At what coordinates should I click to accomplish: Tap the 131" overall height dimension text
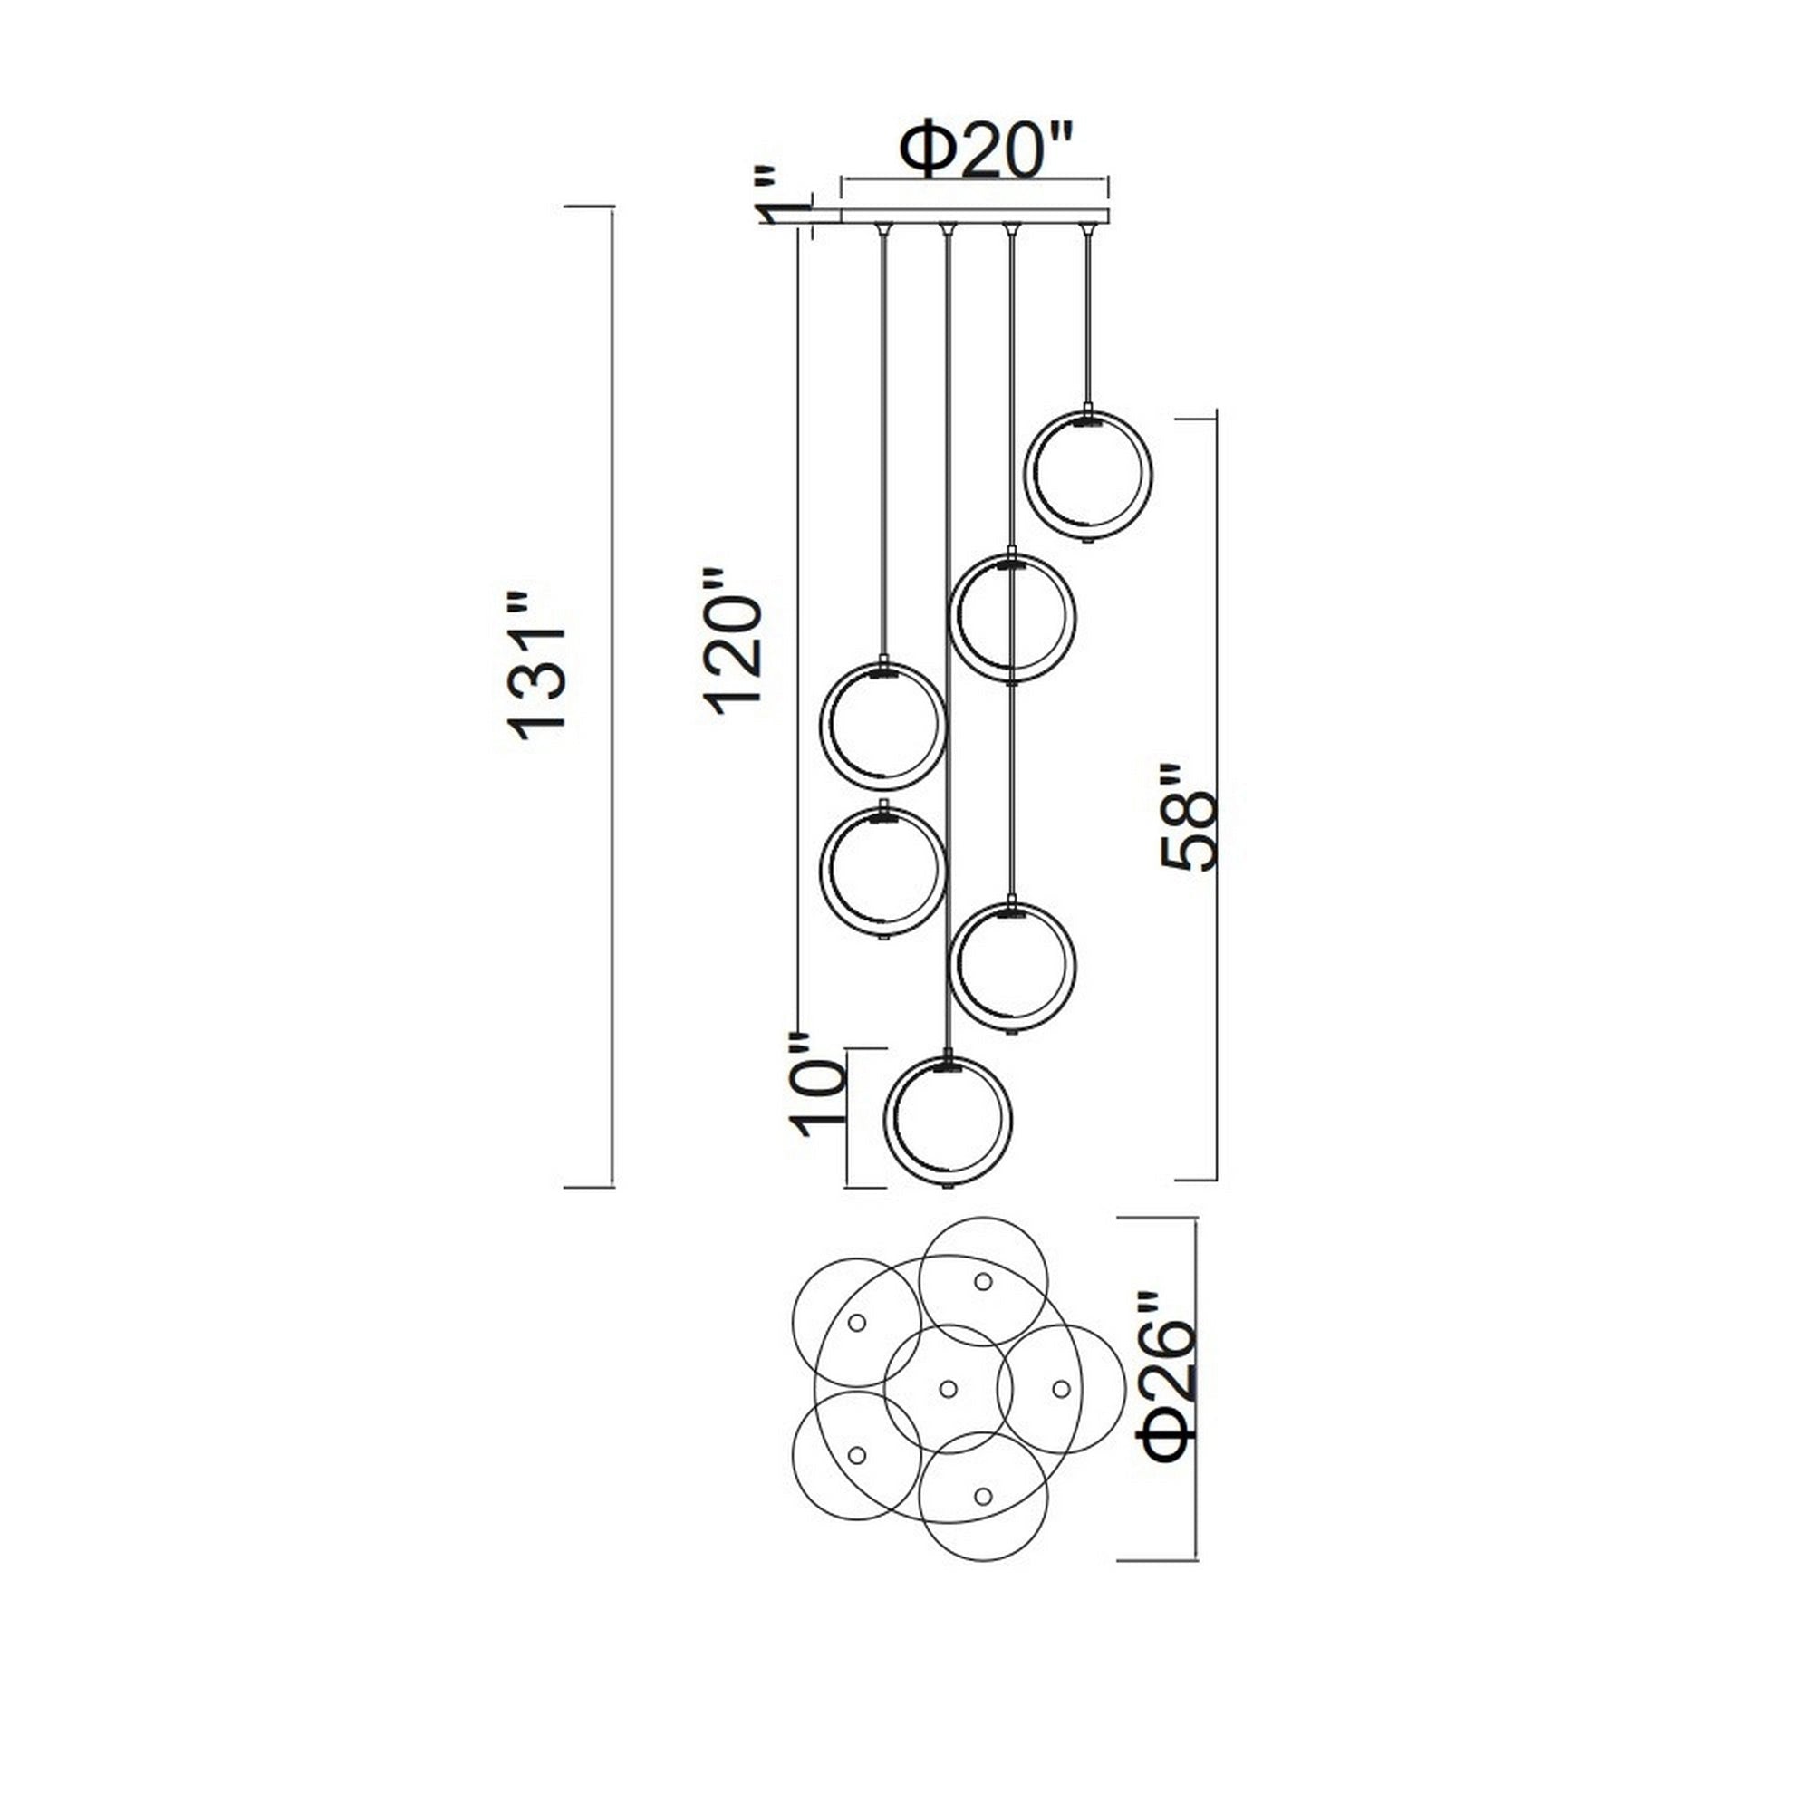pos(536,667)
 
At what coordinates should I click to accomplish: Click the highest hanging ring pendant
pos(1088,476)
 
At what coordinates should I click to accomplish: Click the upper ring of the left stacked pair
pos(882,726)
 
